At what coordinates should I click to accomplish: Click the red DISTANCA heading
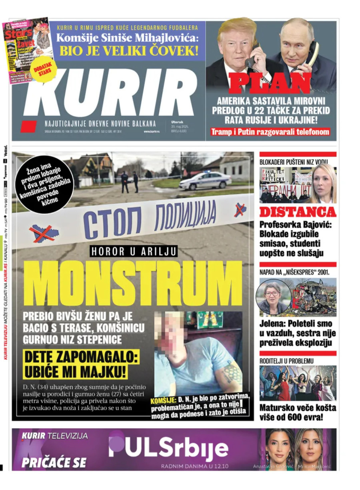[298, 212]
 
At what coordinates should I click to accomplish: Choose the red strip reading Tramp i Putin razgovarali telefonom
[270, 132]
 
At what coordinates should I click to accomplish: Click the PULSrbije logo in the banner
[168, 446]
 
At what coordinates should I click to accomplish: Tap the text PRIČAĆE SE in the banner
[54, 463]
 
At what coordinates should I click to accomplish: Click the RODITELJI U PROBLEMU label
[286, 361]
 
